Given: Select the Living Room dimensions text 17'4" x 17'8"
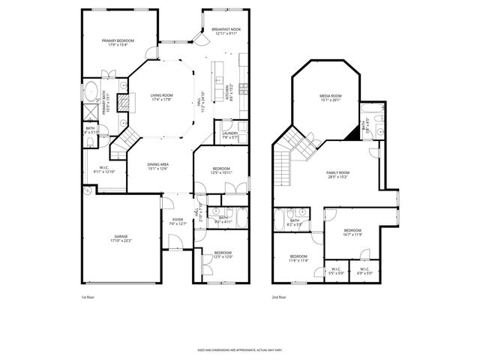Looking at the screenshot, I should (x=161, y=100).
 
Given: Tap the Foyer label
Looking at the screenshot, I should (x=176, y=220).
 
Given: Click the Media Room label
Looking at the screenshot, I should (x=330, y=97).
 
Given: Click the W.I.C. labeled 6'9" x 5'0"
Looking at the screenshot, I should (x=364, y=271).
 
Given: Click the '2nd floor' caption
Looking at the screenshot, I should (x=280, y=298).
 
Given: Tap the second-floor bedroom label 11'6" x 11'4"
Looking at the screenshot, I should (x=298, y=258).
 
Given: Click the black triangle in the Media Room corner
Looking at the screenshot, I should (x=351, y=132).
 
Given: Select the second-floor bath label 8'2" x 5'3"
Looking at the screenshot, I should (x=294, y=222).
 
